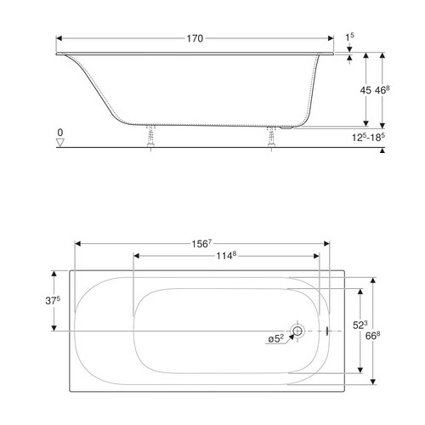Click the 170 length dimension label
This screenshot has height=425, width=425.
pyautogui.click(x=195, y=37)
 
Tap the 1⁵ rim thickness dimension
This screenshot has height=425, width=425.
pyautogui.click(x=349, y=37)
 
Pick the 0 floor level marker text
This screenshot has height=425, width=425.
pyautogui.click(x=59, y=133)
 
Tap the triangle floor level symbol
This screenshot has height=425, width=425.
pyautogui.click(x=59, y=143)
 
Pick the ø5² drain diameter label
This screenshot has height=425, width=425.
pyautogui.click(x=275, y=339)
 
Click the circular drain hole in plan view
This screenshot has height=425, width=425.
pyautogui.click(x=297, y=331)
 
